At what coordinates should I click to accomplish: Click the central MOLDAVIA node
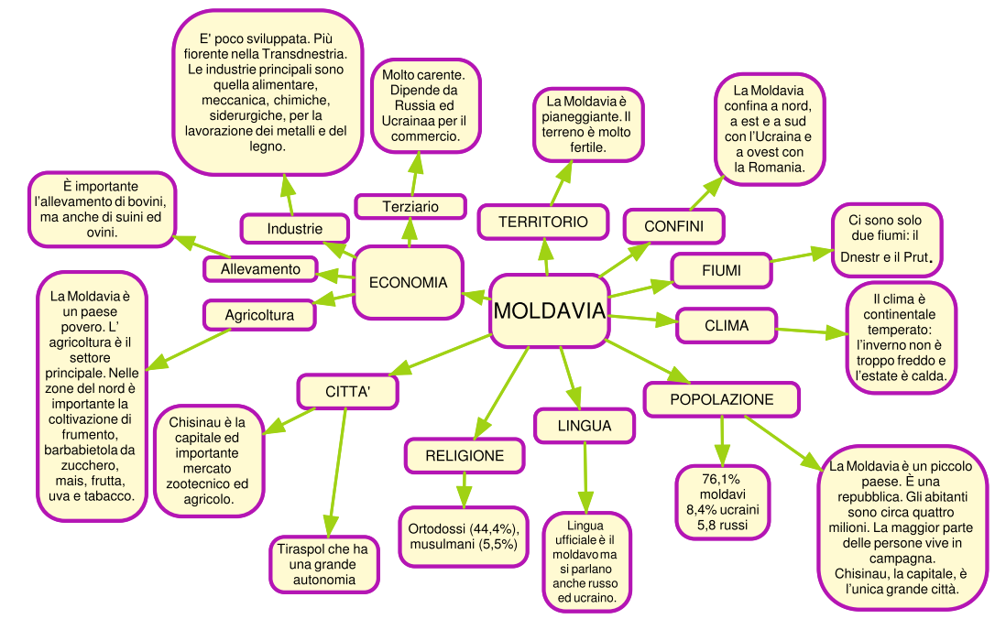(550, 311)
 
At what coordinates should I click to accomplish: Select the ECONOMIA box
(408, 282)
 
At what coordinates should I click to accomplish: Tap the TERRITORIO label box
(543, 223)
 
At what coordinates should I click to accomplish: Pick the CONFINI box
(673, 225)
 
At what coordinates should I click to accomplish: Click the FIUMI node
(721, 271)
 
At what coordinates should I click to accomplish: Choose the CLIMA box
(727, 325)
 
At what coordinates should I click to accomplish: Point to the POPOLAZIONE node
(722, 399)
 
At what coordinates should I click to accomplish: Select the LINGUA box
(585, 426)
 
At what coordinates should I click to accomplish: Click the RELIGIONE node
(465, 455)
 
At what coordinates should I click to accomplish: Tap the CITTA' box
(347, 391)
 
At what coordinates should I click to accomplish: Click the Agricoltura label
(259, 315)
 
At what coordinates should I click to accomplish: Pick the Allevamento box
(260, 269)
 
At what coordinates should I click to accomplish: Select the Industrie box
(295, 228)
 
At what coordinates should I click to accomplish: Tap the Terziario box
(410, 207)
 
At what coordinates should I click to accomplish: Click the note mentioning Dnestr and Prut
(886, 238)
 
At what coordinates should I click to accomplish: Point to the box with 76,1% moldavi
(723, 502)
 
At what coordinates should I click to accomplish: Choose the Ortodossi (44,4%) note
(464, 537)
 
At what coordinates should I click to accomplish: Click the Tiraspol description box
(323, 564)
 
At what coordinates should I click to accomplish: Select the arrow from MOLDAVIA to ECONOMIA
(476, 295)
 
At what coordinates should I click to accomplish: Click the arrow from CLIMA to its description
(811, 331)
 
